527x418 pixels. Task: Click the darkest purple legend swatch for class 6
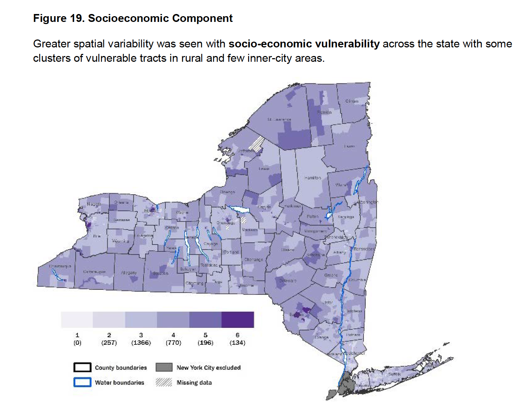(x=238, y=320)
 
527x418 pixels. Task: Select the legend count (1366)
(x=141, y=343)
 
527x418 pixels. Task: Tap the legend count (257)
(x=109, y=343)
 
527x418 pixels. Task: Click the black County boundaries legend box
(x=82, y=367)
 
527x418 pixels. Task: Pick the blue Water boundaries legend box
(x=82, y=382)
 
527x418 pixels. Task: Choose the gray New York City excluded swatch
(x=164, y=367)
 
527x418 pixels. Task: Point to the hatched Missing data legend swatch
(x=164, y=382)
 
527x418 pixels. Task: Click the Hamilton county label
(x=313, y=178)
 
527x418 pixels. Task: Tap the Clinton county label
(x=352, y=101)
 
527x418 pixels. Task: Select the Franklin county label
(x=324, y=112)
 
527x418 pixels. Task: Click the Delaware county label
(x=288, y=280)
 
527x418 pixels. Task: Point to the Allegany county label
(x=129, y=273)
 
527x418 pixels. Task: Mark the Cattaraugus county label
(x=94, y=272)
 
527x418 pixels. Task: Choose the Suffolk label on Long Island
(x=394, y=374)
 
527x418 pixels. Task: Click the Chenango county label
(x=253, y=259)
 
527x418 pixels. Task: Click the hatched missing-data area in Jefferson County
(x=256, y=144)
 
